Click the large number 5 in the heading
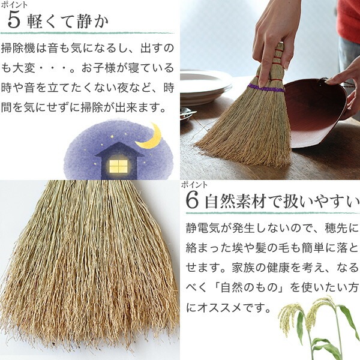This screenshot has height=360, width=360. (x=14, y=21)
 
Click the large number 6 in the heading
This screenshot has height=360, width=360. (x=192, y=200)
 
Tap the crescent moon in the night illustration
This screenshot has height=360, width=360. (x=149, y=136)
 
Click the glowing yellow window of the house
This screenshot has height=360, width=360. (x=118, y=166)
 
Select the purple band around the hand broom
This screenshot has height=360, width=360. (x=266, y=89)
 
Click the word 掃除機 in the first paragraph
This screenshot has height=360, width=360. (x=18, y=49)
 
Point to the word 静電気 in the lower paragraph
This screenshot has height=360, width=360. (x=203, y=228)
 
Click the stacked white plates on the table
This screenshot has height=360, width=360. (x=205, y=88)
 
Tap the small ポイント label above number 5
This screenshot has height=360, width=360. (x=14, y=5)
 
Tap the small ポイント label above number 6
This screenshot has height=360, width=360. (x=194, y=185)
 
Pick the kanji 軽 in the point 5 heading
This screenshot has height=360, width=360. (x=34, y=22)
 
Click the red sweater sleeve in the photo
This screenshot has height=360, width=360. (x=349, y=19)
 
